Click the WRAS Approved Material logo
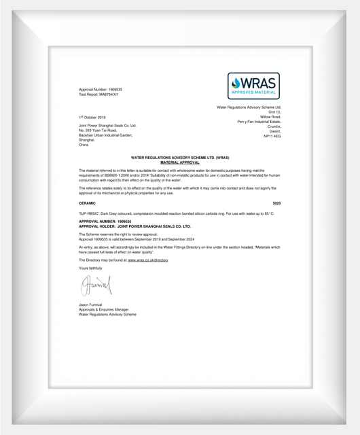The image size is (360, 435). tap(253, 86)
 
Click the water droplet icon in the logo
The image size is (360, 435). tap(237, 82)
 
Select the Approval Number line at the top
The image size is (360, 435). tap(101, 90)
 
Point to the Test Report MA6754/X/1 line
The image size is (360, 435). tap(99, 94)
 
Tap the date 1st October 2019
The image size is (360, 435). tap(92, 118)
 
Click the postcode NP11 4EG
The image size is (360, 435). tap(272, 136)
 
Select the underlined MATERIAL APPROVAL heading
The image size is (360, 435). tap(180, 163)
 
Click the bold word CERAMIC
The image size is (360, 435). tap(88, 203)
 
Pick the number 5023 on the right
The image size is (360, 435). tap(276, 203)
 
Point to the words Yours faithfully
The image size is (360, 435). tap(90, 268)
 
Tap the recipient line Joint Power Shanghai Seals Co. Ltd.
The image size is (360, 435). tap(108, 126)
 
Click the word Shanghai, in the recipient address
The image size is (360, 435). tap(88, 140)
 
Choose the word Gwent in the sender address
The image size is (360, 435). tap(274, 131)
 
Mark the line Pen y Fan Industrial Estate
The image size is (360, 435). tap(259, 122)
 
